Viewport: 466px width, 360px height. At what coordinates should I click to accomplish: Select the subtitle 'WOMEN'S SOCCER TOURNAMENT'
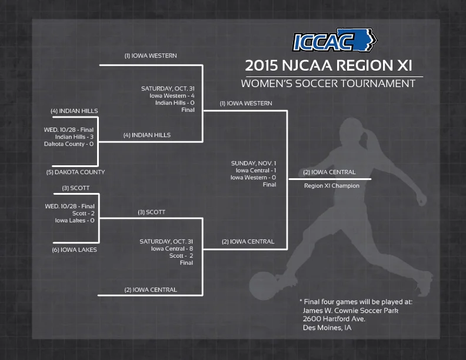coord(331,83)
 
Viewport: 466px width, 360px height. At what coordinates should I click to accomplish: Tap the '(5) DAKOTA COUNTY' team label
coord(75,172)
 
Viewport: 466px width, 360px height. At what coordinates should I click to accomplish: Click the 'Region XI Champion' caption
coord(331,186)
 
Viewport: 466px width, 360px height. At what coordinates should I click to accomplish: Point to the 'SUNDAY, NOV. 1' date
coord(254,163)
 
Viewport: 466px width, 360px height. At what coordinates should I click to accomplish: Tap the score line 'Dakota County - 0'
coord(69,144)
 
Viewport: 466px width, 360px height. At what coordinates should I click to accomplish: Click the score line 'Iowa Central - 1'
coord(255,170)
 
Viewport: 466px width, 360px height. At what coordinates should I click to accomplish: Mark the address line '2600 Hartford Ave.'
coord(334,319)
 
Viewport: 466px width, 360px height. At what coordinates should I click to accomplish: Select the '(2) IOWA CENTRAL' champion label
coord(329,172)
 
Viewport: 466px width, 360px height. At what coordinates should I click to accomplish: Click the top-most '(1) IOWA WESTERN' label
coord(150,56)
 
